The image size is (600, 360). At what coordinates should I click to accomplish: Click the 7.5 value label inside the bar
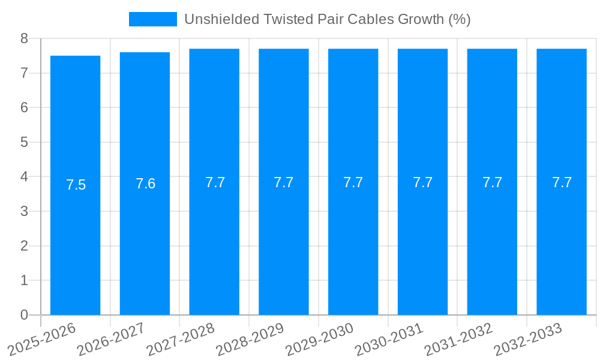coord(76,185)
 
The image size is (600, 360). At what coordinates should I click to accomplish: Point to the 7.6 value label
coord(145,184)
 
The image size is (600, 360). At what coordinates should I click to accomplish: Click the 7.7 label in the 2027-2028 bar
coord(215,182)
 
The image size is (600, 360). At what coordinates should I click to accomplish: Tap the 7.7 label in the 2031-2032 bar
coord(492,182)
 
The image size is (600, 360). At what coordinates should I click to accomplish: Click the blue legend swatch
coord(153,19)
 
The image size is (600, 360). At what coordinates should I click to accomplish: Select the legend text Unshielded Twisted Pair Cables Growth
coord(327,19)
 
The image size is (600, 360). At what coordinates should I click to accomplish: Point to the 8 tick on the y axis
coord(24,38)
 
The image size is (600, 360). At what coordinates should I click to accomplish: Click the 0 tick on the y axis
coord(24,315)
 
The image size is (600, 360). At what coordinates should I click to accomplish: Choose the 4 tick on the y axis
coord(24,177)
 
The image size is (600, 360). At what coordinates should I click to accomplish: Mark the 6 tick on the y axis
coord(24,107)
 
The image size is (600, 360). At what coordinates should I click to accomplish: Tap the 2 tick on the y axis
coord(24,246)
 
